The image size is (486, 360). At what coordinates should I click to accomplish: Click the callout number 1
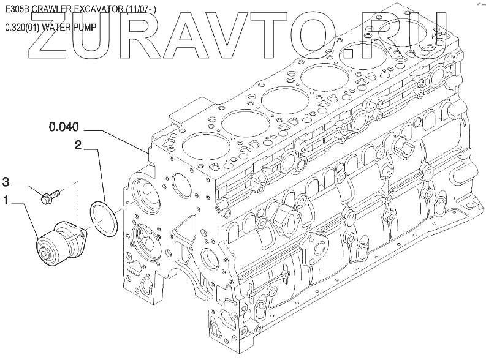point(7,199)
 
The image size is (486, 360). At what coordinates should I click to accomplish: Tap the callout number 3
point(7,181)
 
